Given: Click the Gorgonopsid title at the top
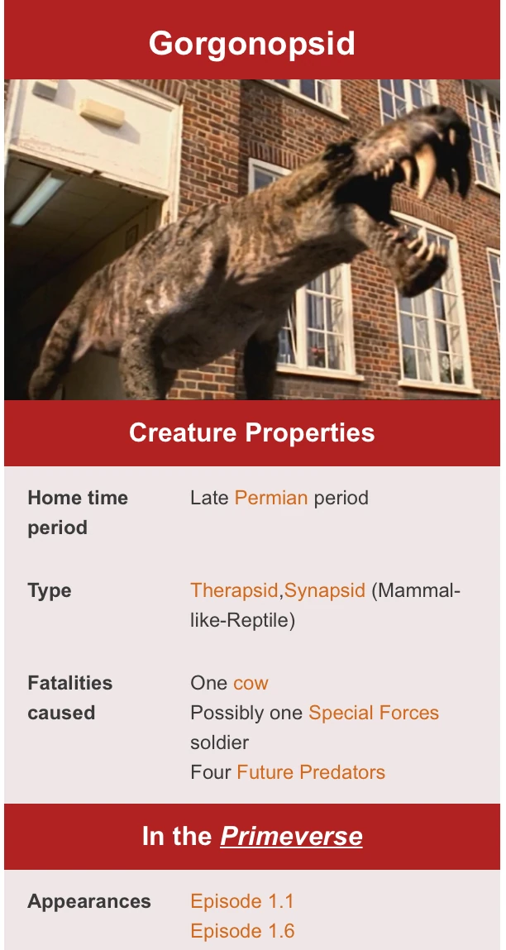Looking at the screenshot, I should point(252,43).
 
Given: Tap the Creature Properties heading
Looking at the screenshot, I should point(252,433).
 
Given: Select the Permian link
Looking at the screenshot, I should point(271,498).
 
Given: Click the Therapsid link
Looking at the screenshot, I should point(236,590).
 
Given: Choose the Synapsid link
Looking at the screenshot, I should point(325,590).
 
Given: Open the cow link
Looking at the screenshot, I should point(251,683).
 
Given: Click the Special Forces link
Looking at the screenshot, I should point(374,713).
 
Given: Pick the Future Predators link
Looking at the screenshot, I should point(311,772).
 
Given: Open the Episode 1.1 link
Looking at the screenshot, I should point(242,901).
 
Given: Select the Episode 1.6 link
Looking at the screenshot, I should point(242,931).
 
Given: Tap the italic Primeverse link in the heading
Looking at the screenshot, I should point(291,836).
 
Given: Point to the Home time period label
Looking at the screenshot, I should point(78,513).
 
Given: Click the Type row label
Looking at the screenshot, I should point(50,590).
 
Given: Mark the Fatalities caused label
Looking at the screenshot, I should point(69,698).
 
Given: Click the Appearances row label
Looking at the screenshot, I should point(89,901).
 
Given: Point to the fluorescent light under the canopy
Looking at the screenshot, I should point(37,199).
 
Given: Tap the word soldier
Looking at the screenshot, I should point(219,742).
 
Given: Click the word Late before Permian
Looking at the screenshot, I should point(209,498).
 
